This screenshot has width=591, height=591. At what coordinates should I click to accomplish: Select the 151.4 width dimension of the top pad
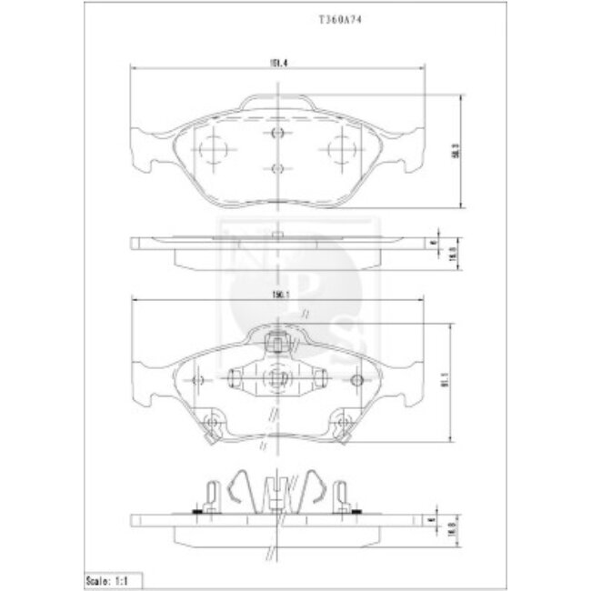(x=270, y=62)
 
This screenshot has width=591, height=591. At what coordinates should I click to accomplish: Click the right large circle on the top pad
(x=342, y=147)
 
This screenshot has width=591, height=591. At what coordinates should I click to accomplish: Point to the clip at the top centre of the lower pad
(x=278, y=343)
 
